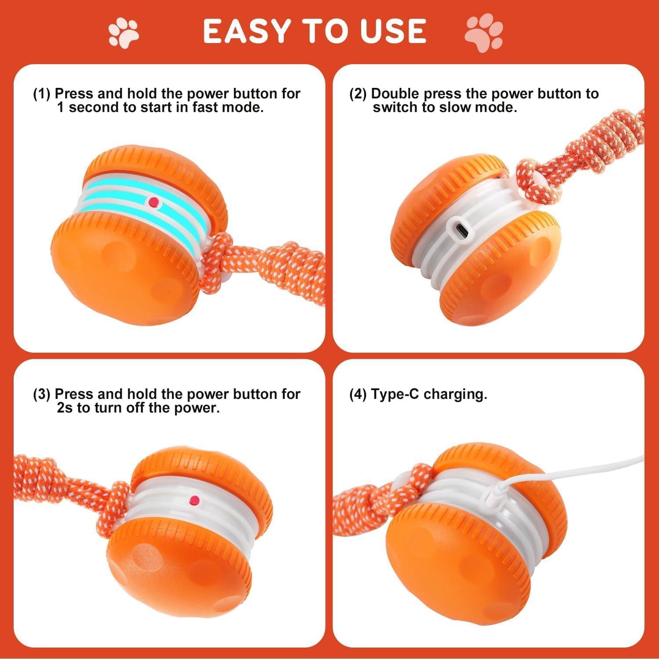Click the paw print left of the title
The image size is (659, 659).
click(123, 32)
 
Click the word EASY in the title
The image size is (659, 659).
click(246, 31)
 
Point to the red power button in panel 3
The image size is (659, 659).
click(194, 500)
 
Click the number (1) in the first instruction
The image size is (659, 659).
click(42, 94)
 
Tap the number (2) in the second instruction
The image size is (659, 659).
click(358, 94)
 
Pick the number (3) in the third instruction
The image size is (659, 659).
click(42, 394)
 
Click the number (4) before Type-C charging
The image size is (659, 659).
click(358, 394)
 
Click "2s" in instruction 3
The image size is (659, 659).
click(65, 408)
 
